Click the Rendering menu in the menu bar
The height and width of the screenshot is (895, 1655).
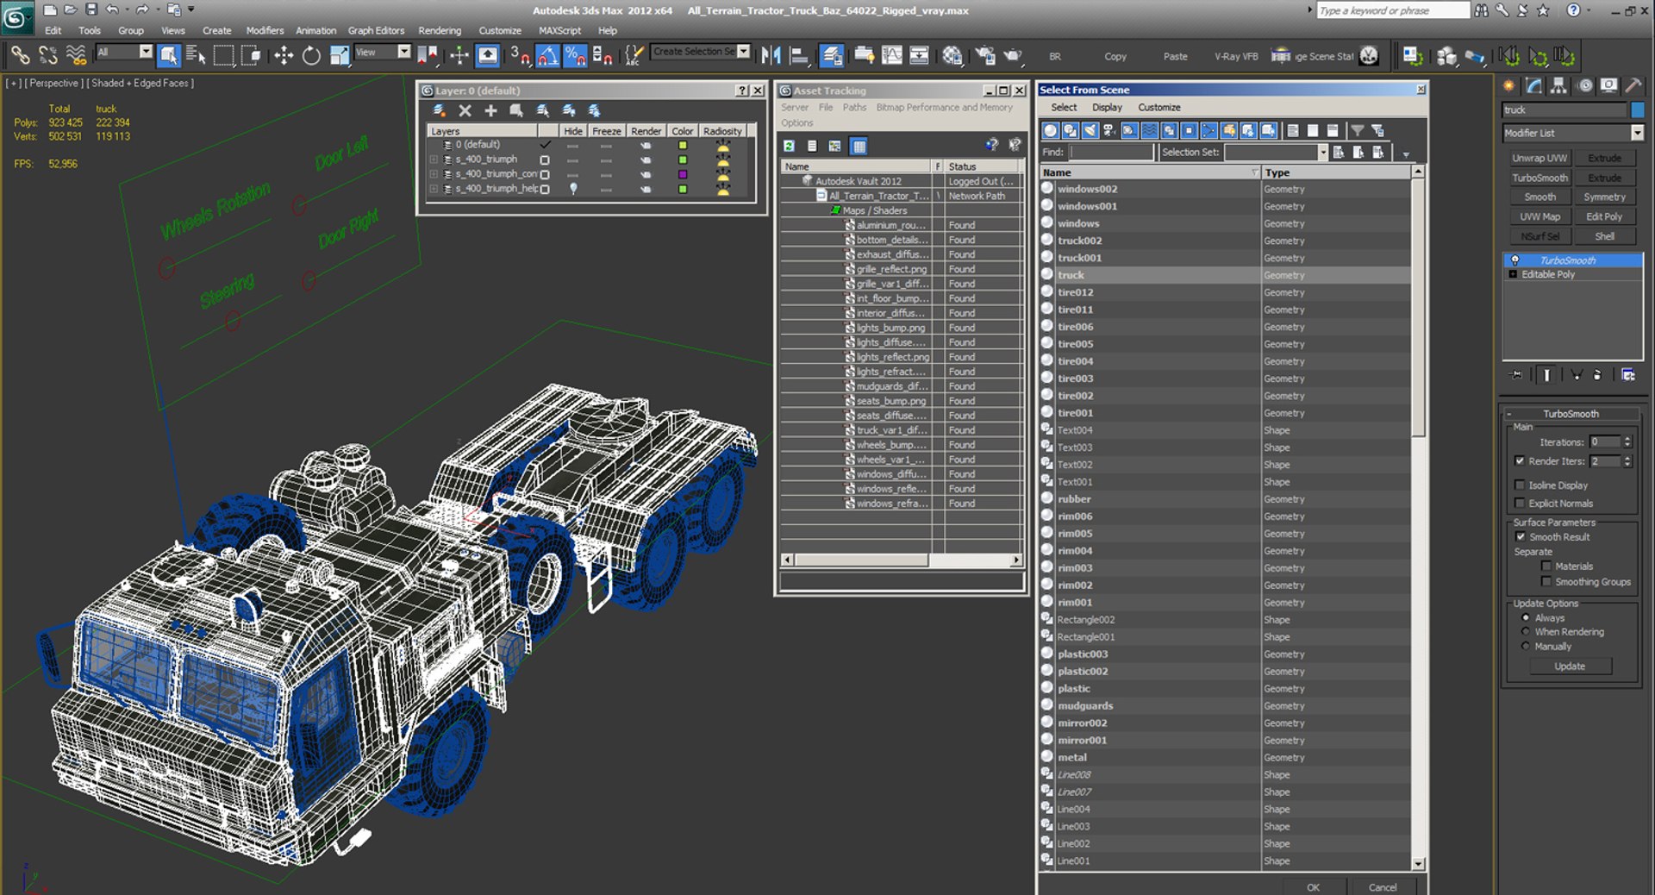click(440, 30)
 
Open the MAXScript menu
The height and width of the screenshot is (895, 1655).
click(559, 30)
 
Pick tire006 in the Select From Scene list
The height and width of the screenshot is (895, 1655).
click(1075, 327)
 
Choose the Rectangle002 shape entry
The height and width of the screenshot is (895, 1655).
click(1085, 619)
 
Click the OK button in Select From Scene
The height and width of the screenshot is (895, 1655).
click(1312, 886)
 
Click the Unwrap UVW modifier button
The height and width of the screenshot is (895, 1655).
click(1539, 158)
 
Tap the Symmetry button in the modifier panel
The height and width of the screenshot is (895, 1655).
click(1604, 197)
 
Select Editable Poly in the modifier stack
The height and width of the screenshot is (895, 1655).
click(1547, 274)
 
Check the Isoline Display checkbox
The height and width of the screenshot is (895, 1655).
click(1521, 485)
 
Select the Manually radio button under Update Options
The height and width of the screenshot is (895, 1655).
click(1526, 647)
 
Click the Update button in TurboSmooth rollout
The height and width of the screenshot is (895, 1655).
click(1569, 666)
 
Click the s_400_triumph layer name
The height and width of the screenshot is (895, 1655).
click(486, 160)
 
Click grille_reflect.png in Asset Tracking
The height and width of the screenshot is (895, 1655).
click(891, 269)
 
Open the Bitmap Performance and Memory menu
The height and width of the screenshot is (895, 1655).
click(944, 107)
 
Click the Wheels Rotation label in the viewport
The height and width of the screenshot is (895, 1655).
click(215, 211)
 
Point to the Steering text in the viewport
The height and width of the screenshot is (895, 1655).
click(228, 290)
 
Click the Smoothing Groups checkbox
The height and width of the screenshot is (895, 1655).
click(1546, 582)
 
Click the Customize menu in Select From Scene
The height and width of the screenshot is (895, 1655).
click(1158, 107)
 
